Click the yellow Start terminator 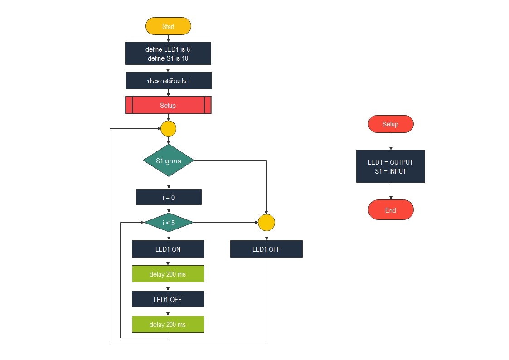pyautogui.click(x=168, y=26)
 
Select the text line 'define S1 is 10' pyautogui.click(x=168, y=58)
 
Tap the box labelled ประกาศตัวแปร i pyautogui.click(x=168, y=81)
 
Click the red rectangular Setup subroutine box pyautogui.click(x=168, y=105)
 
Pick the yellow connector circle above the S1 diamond pyautogui.click(x=168, y=129)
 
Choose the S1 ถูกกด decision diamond pyautogui.click(x=168, y=161)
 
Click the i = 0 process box pyautogui.click(x=168, y=197)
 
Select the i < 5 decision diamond pyautogui.click(x=169, y=223)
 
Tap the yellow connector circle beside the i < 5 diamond pyautogui.click(x=267, y=223)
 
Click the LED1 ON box pyautogui.click(x=168, y=249)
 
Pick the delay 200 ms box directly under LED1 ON pyautogui.click(x=168, y=274)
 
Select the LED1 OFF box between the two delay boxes pyautogui.click(x=168, y=299)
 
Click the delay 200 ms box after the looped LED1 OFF pyautogui.click(x=168, y=325)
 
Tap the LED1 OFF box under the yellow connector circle pyautogui.click(x=266, y=249)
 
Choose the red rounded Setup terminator pyautogui.click(x=390, y=124)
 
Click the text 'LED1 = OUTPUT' pyautogui.click(x=390, y=162)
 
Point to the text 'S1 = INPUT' pyautogui.click(x=390, y=171)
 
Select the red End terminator pyautogui.click(x=390, y=210)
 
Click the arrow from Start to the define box pyautogui.click(x=168, y=39)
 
